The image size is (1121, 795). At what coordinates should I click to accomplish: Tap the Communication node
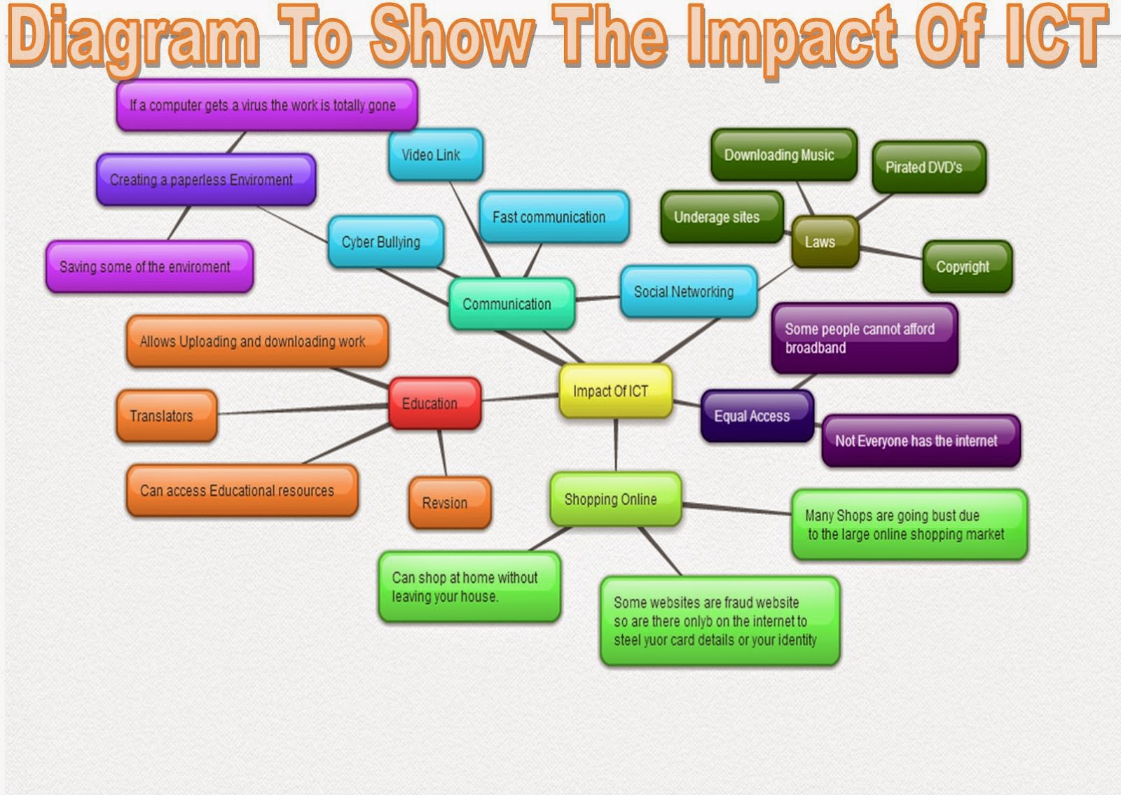(x=511, y=304)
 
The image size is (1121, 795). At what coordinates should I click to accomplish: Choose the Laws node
(x=825, y=242)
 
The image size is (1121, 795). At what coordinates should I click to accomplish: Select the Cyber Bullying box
(x=385, y=242)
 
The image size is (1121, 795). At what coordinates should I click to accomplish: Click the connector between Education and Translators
(x=301, y=410)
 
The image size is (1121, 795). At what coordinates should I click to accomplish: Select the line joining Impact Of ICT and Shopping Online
(x=616, y=445)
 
